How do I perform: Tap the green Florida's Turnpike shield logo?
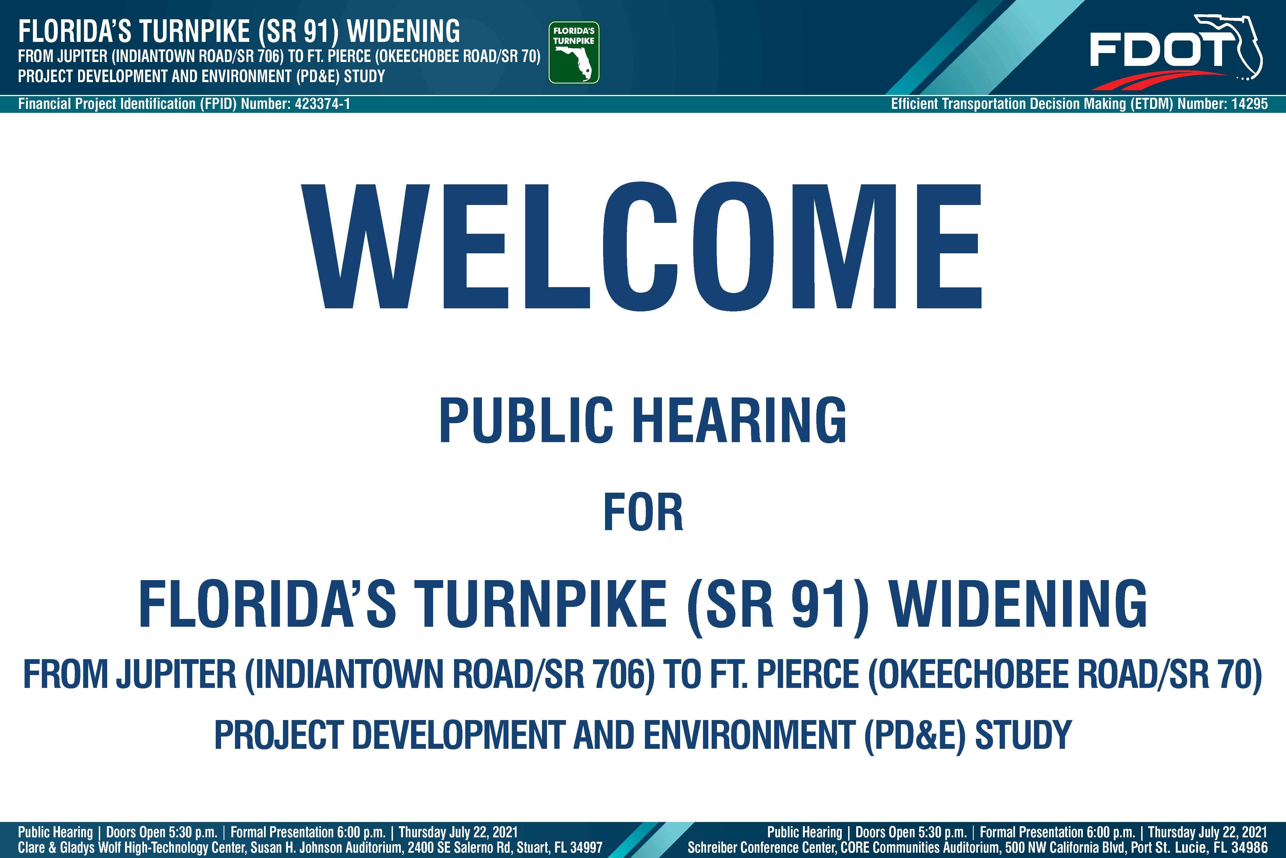[574, 53]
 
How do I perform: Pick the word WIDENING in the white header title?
[404, 31]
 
